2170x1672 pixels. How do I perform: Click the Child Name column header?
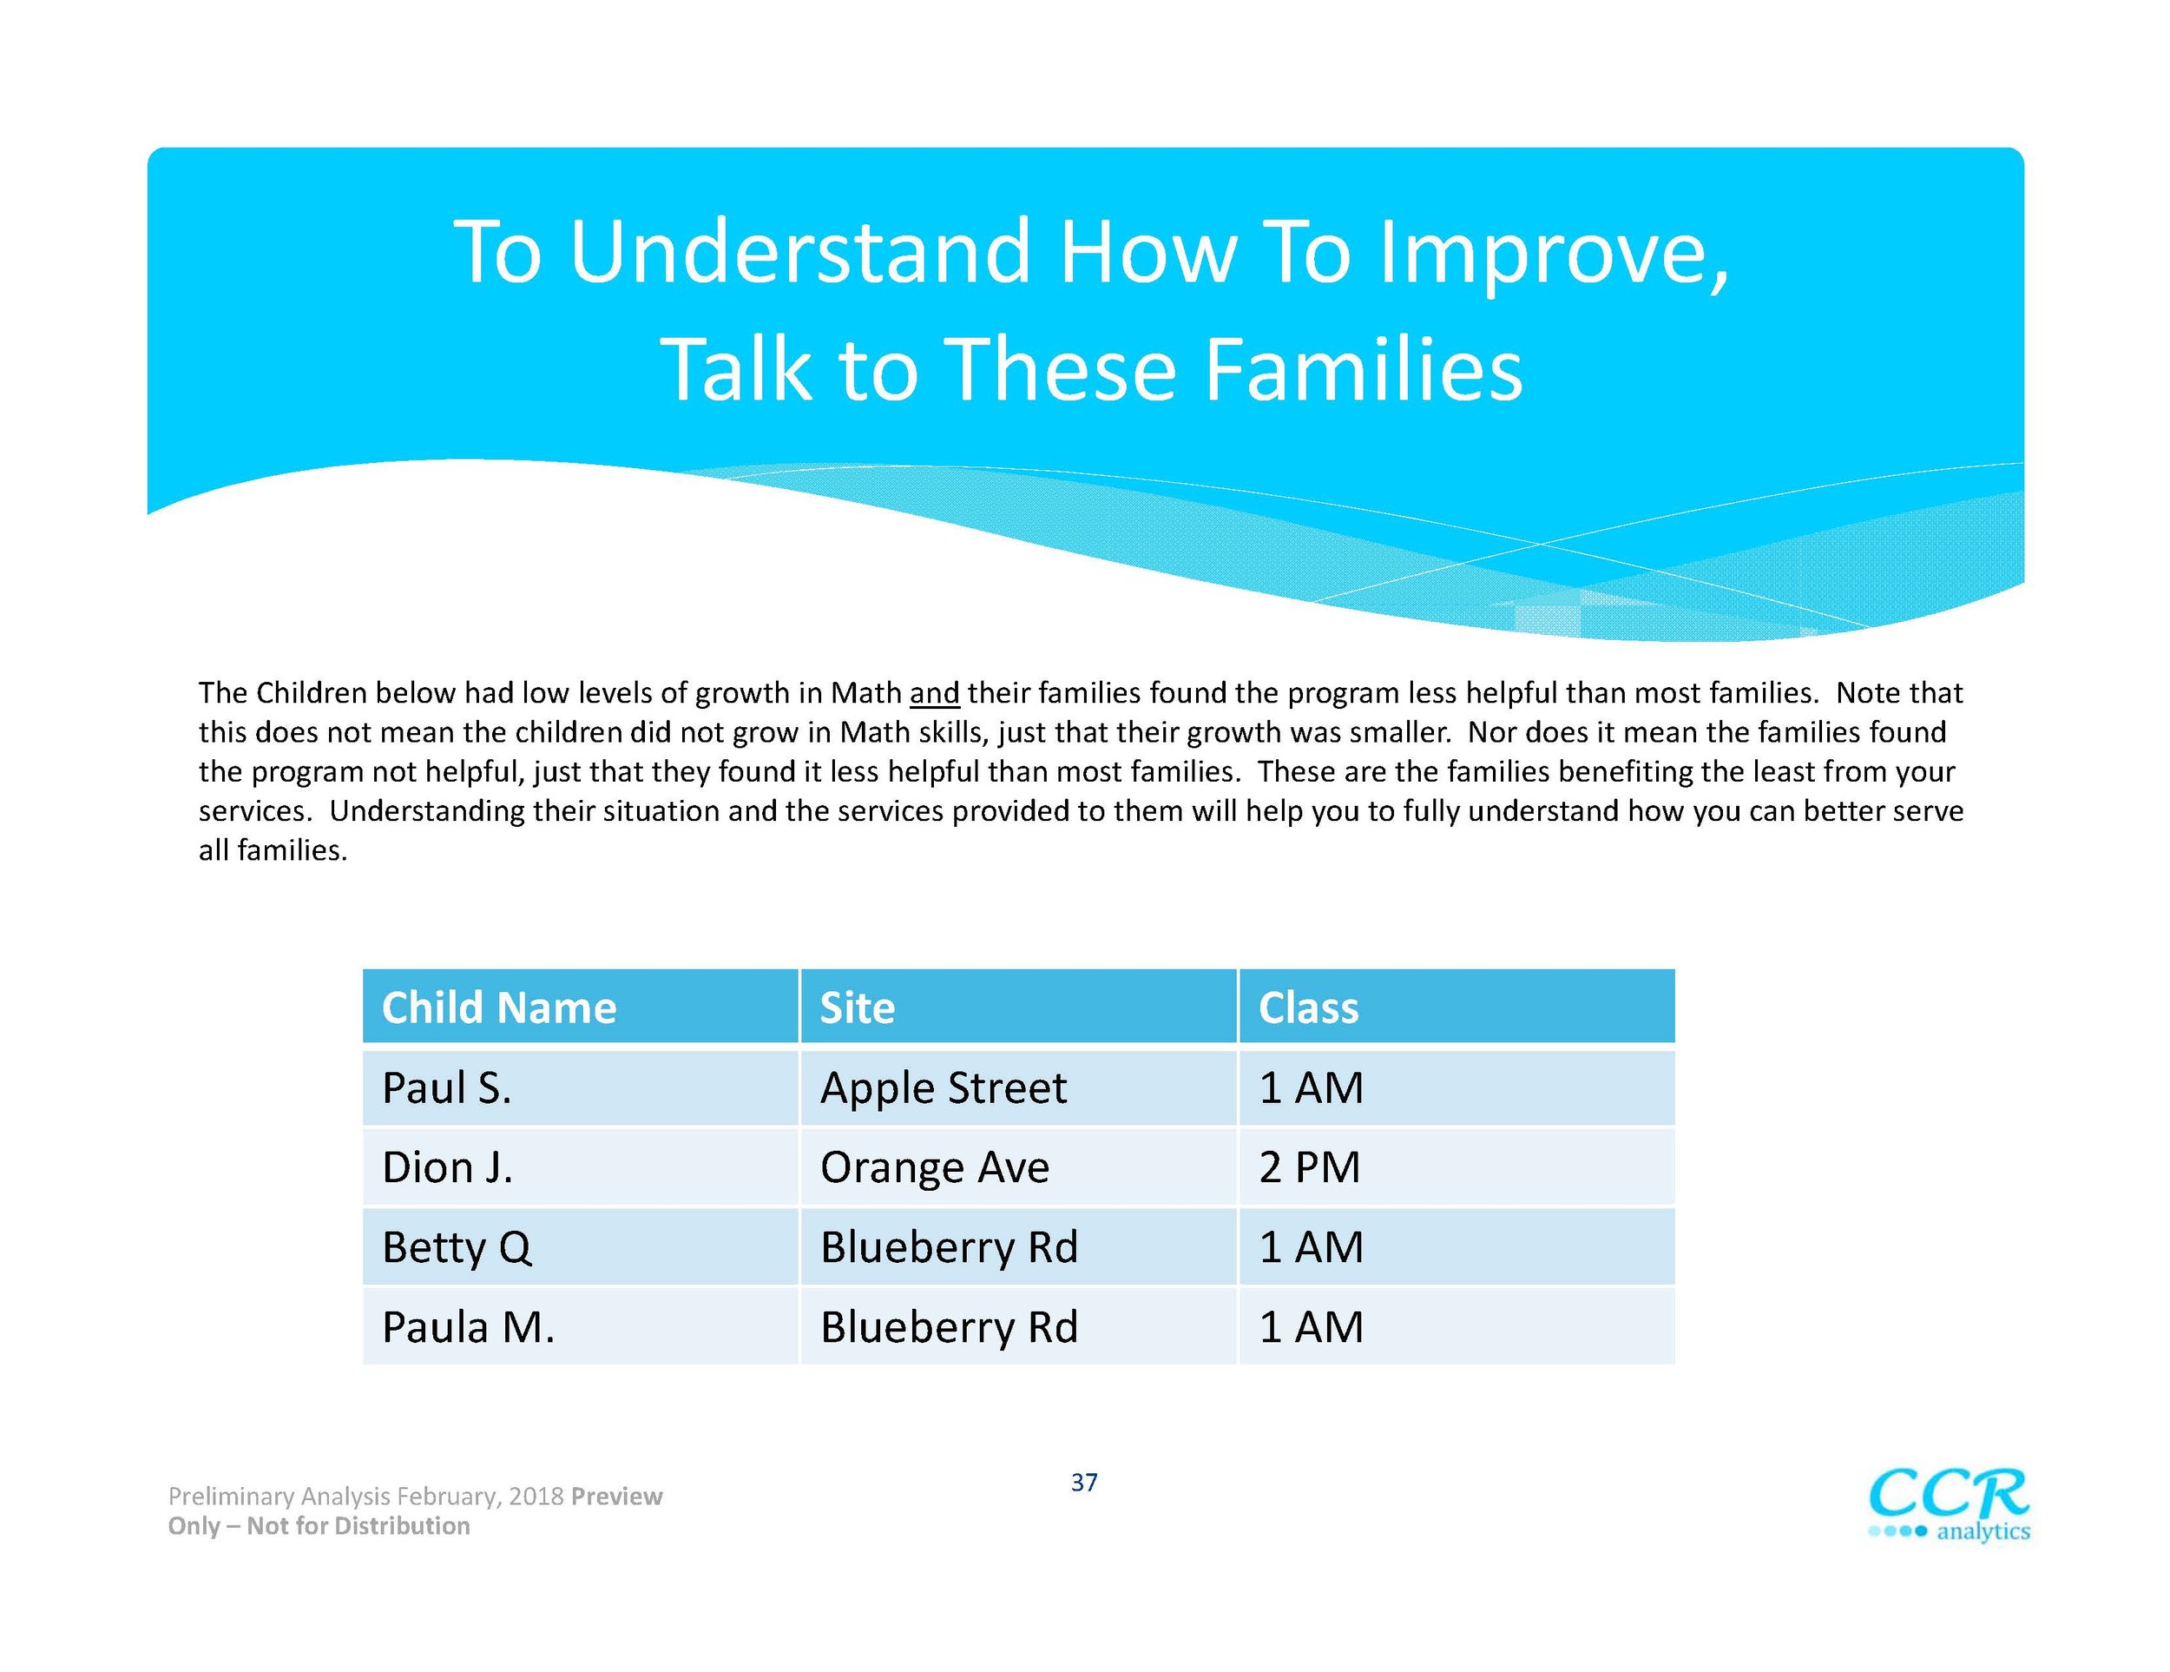point(580,1006)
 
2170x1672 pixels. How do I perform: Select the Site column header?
point(1018,1006)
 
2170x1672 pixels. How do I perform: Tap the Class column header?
point(1457,1006)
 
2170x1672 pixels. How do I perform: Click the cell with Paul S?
point(580,1087)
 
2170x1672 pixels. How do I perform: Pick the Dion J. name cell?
point(580,1167)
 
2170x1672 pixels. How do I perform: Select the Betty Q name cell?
point(580,1246)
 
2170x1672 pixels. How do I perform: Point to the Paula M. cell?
point(580,1326)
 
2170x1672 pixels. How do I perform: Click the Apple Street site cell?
point(1018,1087)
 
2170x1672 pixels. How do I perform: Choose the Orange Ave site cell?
point(1018,1167)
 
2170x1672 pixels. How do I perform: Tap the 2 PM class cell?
point(1457,1167)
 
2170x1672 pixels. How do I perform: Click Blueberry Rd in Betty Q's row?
point(1018,1246)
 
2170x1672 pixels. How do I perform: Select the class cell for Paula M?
point(1457,1326)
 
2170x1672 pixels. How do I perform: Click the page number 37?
point(1084,1482)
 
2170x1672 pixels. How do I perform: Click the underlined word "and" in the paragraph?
point(934,693)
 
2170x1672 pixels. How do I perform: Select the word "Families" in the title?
point(1364,369)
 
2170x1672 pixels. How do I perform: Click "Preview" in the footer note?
point(617,1496)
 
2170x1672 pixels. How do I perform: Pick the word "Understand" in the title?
point(799,252)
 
